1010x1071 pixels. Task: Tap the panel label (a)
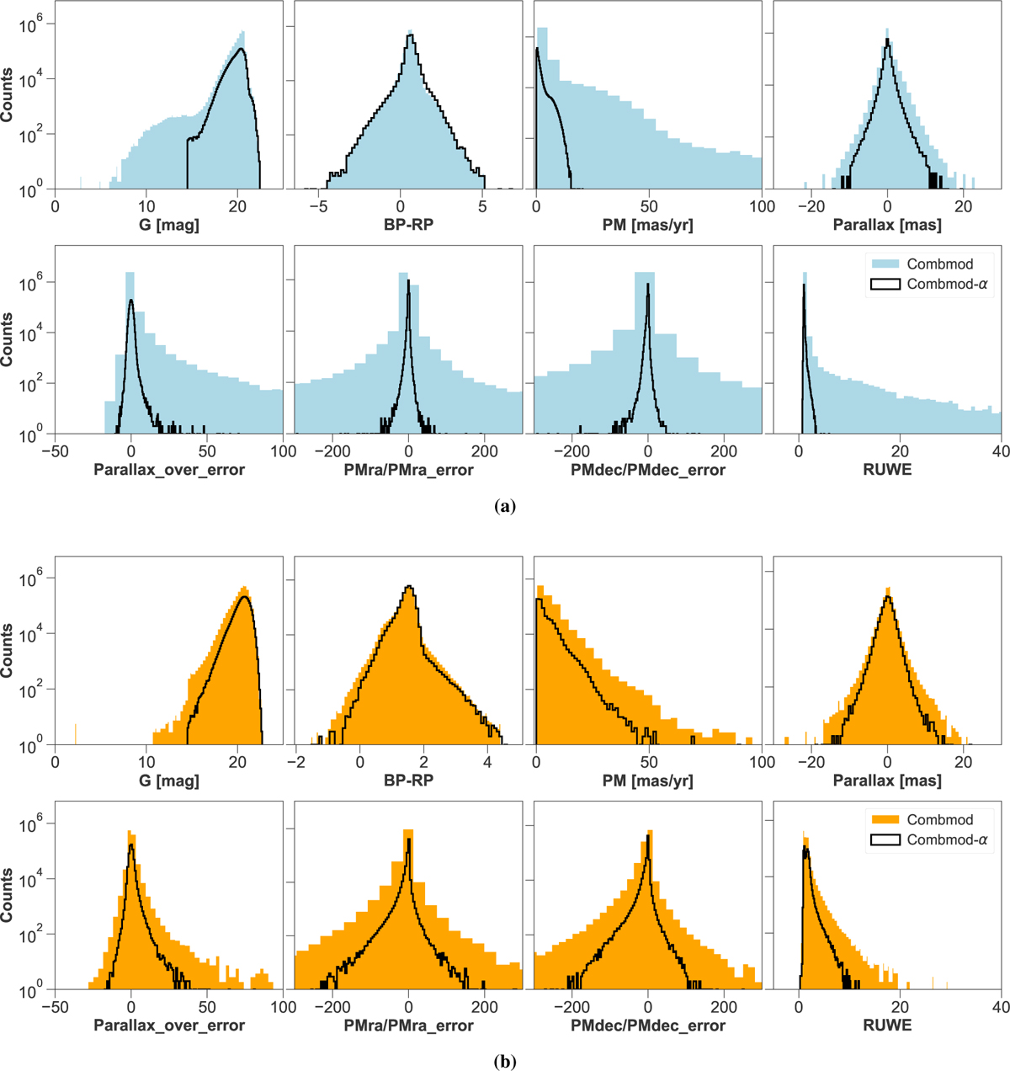pos(504,505)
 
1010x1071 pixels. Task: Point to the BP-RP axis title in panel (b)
pos(407,781)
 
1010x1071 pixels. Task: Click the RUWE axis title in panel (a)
pos(887,470)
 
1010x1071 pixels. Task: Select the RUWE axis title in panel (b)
pos(887,1026)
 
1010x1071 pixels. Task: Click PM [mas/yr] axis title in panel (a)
pos(647,225)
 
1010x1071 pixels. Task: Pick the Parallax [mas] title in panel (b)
pos(887,781)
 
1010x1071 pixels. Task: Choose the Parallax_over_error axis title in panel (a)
pos(168,470)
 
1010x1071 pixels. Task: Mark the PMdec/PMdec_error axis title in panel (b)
pos(647,1026)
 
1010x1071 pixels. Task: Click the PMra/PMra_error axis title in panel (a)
pos(407,470)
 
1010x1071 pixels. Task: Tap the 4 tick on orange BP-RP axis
pos(487,761)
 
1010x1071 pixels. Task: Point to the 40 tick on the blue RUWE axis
pos(1000,450)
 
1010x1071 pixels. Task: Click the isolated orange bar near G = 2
pos(76,734)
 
